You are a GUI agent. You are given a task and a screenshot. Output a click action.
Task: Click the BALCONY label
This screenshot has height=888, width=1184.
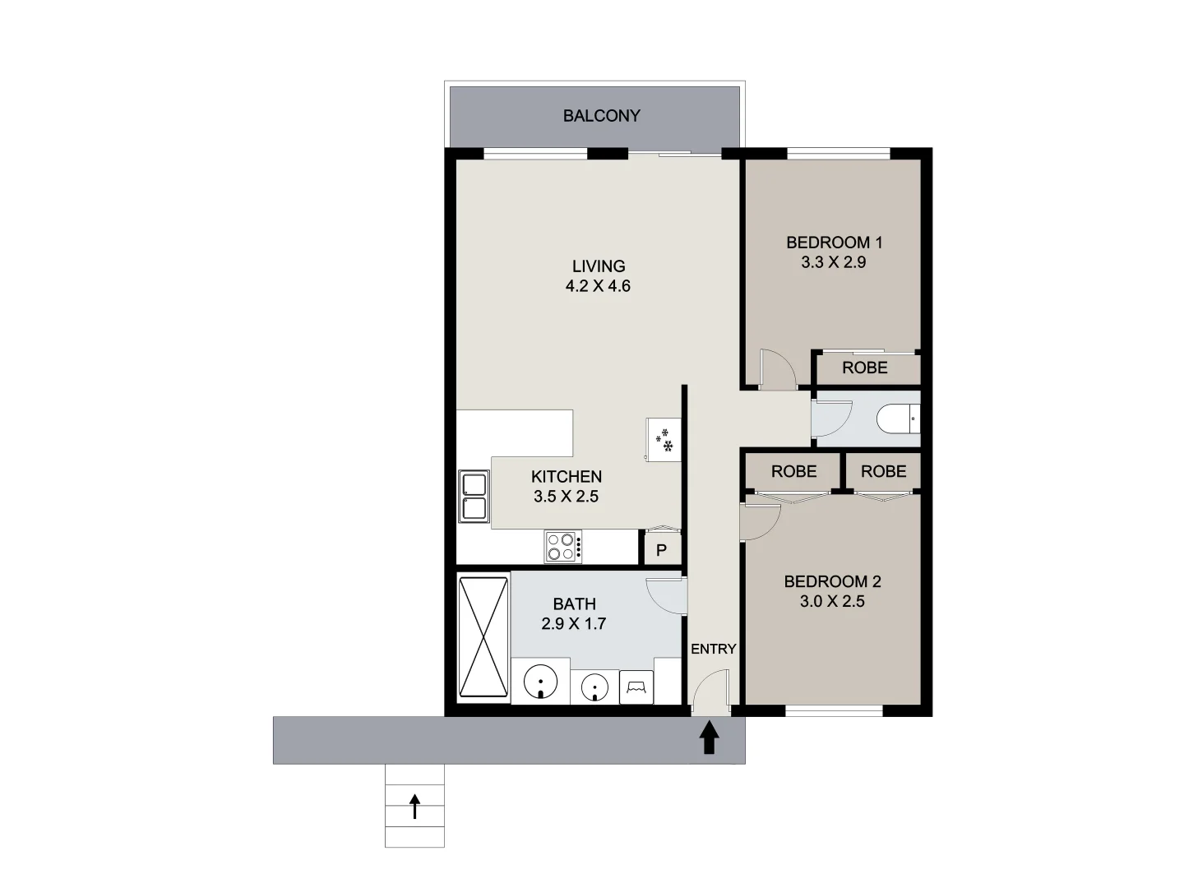pyautogui.click(x=601, y=116)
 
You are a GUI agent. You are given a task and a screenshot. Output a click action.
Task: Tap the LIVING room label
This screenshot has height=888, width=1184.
pyautogui.click(x=599, y=266)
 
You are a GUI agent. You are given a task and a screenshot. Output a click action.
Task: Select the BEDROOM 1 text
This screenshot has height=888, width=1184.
pyautogui.click(x=834, y=243)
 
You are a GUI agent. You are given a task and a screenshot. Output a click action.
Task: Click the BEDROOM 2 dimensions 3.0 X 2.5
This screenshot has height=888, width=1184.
pyautogui.click(x=832, y=602)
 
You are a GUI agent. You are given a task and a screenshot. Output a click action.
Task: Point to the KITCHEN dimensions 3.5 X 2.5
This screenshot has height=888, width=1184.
pyautogui.click(x=566, y=497)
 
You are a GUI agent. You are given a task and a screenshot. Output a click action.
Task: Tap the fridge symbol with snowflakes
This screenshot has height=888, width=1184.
pyautogui.click(x=664, y=439)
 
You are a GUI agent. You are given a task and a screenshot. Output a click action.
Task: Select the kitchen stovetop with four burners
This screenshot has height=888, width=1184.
pyautogui.click(x=562, y=547)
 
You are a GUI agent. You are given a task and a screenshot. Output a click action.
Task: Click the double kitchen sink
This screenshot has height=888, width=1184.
pyautogui.click(x=473, y=497)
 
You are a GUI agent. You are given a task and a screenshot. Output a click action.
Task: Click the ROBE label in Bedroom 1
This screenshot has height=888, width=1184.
pyautogui.click(x=865, y=368)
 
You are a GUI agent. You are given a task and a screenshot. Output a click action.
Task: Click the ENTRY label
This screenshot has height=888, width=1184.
pyautogui.click(x=713, y=649)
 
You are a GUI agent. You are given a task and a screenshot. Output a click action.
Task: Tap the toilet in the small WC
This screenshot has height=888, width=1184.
pyautogui.click(x=898, y=419)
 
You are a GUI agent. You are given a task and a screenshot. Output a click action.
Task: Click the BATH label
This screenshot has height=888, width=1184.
pyautogui.click(x=574, y=604)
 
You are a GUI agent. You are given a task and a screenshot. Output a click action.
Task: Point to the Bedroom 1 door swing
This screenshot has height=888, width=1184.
pyautogui.click(x=778, y=368)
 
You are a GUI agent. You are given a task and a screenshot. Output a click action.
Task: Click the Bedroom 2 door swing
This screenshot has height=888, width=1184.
pyautogui.click(x=760, y=521)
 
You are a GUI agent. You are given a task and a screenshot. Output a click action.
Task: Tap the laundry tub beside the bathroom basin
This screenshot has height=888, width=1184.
pyautogui.click(x=638, y=686)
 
